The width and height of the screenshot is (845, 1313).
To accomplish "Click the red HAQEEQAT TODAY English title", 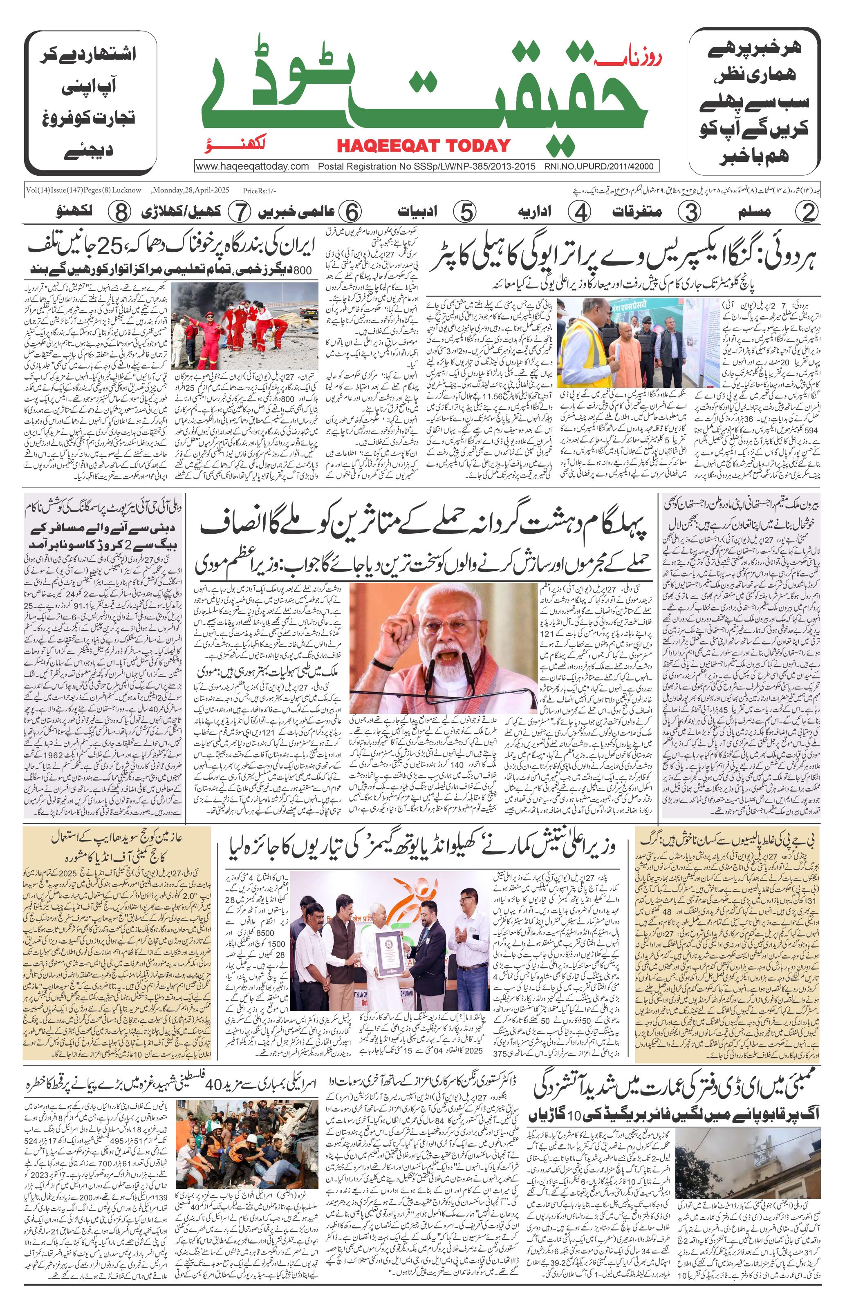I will click(423, 145).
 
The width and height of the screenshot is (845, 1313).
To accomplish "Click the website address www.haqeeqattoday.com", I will click(252, 166).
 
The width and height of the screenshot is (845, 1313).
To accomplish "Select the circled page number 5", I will click(465, 212).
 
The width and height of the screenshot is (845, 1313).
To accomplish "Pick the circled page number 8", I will click(119, 212).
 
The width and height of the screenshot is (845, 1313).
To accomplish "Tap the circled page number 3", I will click(693, 212).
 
